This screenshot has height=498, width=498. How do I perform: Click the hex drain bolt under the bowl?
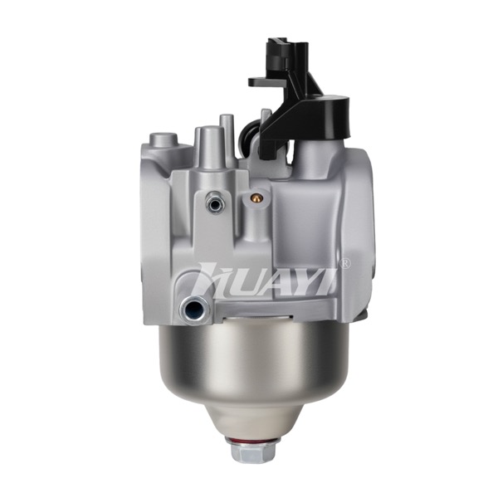[x=253, y=451]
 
